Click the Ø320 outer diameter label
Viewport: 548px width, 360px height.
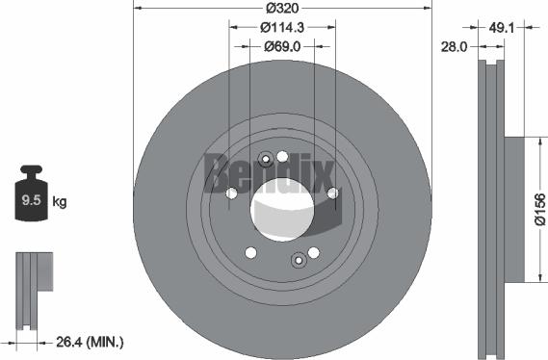(x=281, y=8)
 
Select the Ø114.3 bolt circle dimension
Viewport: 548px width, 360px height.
(x=281, y=27)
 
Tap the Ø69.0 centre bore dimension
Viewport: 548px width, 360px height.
(x=281, y=45)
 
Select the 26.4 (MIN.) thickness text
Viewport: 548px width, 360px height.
(x=88, y=341)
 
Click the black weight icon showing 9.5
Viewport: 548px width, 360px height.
(x=32, y=197)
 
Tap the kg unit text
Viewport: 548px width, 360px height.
(x=60, y=202)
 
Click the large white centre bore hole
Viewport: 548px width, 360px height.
(x=281, y=207)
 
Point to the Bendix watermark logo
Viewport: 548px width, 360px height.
(x=269, y=174)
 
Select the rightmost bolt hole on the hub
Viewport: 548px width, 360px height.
(x=332, y=193)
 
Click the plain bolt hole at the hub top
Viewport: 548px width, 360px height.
(x=282, y=157)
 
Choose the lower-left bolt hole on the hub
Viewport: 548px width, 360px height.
(x=250, y=253)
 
